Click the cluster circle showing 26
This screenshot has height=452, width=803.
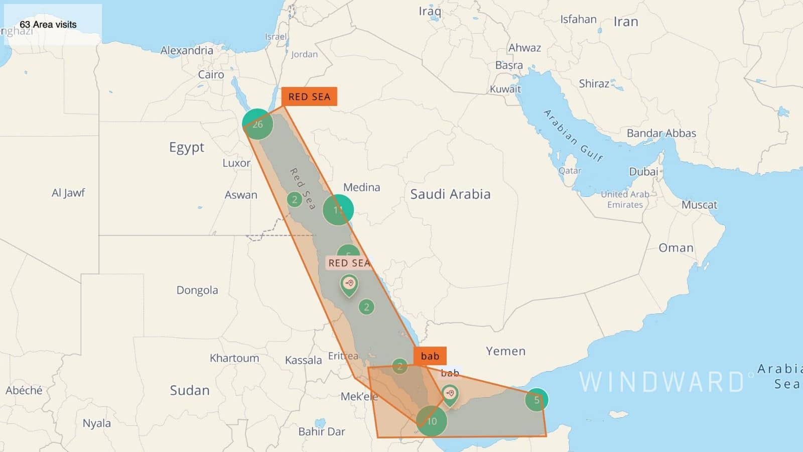coord(257,124)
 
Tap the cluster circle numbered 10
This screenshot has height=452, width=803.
coord(432,421)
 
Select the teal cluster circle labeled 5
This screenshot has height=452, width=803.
coord(537,400)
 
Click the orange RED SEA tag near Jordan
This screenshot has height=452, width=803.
coord(309,96)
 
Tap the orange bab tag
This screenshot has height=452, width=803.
coord(430,356)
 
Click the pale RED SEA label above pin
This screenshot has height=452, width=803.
coord(349,263)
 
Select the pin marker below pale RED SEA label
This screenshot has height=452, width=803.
coord(349,285)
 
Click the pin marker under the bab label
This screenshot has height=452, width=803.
coord(450,394)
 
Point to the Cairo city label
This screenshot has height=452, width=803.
coord(211,75)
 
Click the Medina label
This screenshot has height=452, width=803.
coord(361,187)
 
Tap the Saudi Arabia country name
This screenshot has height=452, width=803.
coord(450,194)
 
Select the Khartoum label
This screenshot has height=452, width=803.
coord(234,358)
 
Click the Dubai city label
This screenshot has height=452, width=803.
coord(643,172)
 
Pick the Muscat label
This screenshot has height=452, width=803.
coord(699,205)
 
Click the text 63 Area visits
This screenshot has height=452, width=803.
coord(48,25)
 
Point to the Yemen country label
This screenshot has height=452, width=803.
coord(505,351)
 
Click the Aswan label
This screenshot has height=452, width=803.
coord(241,195)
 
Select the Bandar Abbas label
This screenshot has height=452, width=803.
coord(661,133)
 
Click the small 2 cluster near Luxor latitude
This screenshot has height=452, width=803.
coord(295,199)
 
